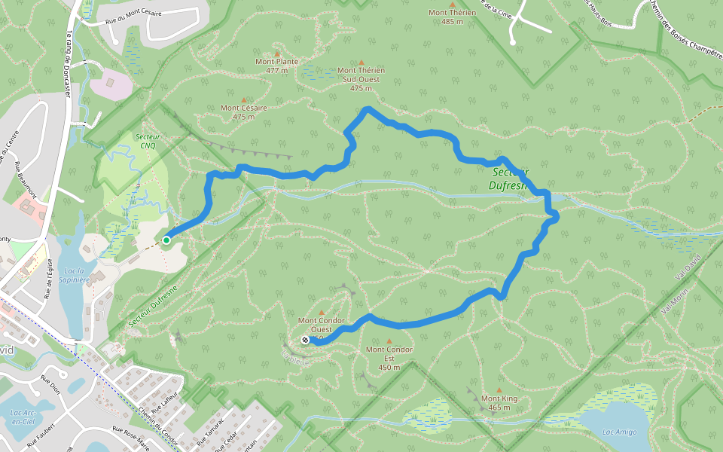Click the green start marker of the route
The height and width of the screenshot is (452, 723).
[x=166, y=240]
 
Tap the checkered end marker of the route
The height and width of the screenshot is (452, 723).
[x=305, y=341]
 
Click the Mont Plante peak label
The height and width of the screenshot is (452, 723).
[x=277, y=66]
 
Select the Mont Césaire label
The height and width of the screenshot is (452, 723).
[x=244, y=111]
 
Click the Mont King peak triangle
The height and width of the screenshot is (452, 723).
[x=499, y=390]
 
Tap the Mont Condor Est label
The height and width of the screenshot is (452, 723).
[x=389, y=353]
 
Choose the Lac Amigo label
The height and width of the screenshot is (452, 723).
[x=620, y=432]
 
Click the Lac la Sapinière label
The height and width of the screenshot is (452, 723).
[x=72, y=275]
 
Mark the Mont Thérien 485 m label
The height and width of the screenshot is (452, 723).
[x=452, y=17]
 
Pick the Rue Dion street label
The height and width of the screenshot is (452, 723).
[x=50, y=384]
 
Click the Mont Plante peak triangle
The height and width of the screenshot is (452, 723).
[x=277, y=53]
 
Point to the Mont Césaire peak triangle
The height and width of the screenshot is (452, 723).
[x=244, y=99]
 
